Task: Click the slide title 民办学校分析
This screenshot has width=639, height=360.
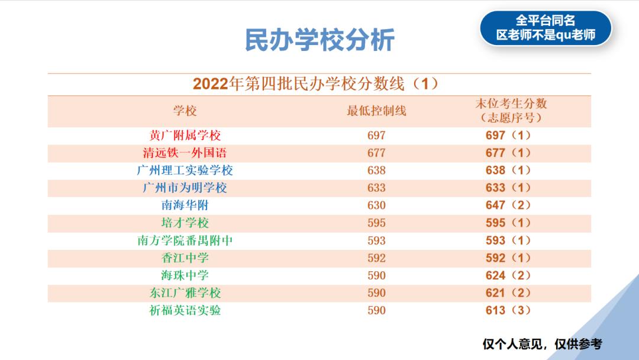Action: pos(319,40)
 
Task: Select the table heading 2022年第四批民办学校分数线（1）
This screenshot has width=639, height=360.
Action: pos(319,83)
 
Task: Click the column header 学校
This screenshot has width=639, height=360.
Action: pos(185,111)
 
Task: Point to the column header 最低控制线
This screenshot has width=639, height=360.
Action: pos(376,111)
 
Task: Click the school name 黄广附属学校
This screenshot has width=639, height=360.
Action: pos(185,136)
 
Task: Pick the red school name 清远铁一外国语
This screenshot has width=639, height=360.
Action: pos(185,153)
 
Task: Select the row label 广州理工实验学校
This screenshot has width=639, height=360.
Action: pos(185,171)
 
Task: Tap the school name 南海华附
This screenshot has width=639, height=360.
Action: pos(185,205)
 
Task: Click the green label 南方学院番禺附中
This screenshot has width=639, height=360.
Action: pos(185,240)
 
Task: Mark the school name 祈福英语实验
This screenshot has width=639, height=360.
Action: pos(185,310)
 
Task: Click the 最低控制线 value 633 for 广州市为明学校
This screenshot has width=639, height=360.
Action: pos(376,188)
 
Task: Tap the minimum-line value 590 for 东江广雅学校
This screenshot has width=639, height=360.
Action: pos(376,292)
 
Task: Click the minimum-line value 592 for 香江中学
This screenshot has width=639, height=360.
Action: pos(376,258)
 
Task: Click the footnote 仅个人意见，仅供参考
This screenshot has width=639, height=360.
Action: pos(542,344)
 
